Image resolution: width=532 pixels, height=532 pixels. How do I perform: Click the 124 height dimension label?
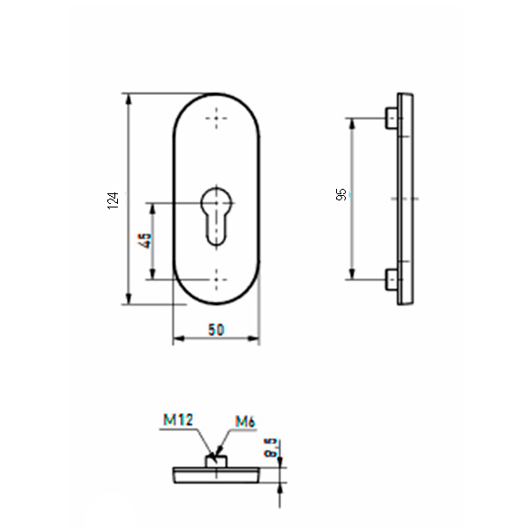click(x=113, y=200)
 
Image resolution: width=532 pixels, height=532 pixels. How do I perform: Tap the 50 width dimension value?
click(x=216, y=330)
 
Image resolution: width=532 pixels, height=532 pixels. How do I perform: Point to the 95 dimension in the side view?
click(x=341, y=194)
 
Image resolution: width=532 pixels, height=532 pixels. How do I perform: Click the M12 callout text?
click(x=178, y=419)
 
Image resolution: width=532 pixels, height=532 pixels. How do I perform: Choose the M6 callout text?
click(x=245, y=422)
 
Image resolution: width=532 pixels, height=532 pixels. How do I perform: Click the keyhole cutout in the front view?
click(x=216, y=215)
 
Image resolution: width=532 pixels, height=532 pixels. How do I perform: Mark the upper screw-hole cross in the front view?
click(x=216, y=119)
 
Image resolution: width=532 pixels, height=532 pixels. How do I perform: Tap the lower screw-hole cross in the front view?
click(x=216, y=280)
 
